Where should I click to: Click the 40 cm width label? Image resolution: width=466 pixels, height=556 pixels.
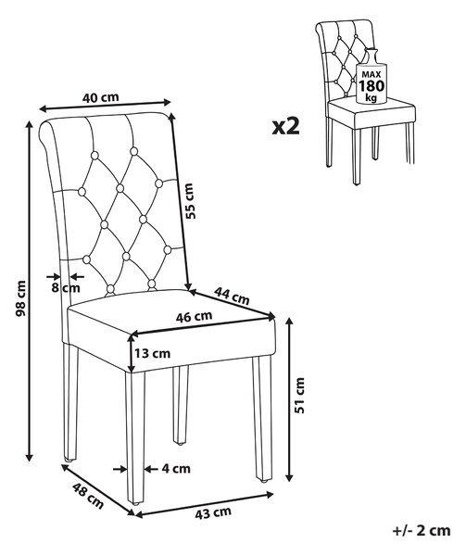point(101,96)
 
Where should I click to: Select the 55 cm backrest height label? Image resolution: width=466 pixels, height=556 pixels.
point(190,201)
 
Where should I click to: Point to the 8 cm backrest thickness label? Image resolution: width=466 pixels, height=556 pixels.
point(66,287)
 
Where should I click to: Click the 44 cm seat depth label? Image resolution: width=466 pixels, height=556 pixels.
point(232,297)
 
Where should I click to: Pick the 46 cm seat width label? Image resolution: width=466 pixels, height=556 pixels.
point(195,317)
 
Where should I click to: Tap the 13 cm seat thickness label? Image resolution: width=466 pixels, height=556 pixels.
point(152,353)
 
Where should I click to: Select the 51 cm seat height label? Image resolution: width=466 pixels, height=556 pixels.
point(300,395)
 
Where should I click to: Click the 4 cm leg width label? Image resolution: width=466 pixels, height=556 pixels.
point(176,469)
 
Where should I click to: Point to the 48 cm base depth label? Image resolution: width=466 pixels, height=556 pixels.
point(88,496)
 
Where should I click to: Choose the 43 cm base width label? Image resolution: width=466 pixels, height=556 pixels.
point(213,512)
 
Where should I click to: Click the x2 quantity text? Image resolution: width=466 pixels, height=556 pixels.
point(285,127)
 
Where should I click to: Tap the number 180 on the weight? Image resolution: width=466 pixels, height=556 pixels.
point(371,86)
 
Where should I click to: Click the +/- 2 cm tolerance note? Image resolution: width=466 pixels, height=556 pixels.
point(422,531)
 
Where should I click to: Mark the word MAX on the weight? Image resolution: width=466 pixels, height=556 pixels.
point(371,74)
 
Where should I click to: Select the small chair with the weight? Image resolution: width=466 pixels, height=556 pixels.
point(365,102)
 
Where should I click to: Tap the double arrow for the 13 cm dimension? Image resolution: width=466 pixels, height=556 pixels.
point(132,353)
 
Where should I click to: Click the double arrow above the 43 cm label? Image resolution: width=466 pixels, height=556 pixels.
point(204,503)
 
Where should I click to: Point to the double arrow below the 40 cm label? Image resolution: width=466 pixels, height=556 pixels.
point(105,106)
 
